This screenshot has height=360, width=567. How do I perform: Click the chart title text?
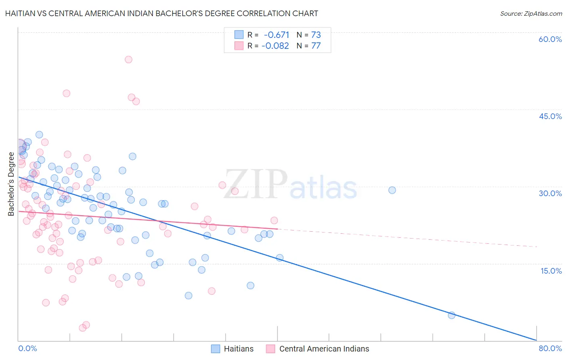(x=161, y=13)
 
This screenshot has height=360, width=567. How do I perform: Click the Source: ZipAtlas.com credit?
(x=531, y=13)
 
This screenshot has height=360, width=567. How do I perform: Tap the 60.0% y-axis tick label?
(x=550, y=39)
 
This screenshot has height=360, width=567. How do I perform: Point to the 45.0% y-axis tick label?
(x=550, y=116)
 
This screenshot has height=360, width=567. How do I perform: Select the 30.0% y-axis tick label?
(x=550, y=193)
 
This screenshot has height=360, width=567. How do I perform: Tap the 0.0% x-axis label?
(x=27, y=348)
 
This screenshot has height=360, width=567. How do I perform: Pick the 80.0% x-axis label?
(x=550, y=348)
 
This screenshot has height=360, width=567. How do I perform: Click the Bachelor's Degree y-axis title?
(x=11, y=184)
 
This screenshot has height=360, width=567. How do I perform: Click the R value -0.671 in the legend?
(x=276, y=35)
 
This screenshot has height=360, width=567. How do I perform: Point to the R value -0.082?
(x=275, y=46)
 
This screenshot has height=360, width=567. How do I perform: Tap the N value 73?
(x=316, y=35)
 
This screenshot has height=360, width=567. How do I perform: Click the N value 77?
(x=316, y=46)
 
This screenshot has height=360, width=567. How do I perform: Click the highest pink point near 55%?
(x=128, y=59)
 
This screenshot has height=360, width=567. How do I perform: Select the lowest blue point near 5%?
(x=452, y=315)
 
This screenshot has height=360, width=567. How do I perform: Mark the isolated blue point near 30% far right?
(x=392, y=190)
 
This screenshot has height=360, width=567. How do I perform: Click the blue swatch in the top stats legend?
(x=239, y=35)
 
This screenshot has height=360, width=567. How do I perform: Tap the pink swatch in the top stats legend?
(x=239, y=46)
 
